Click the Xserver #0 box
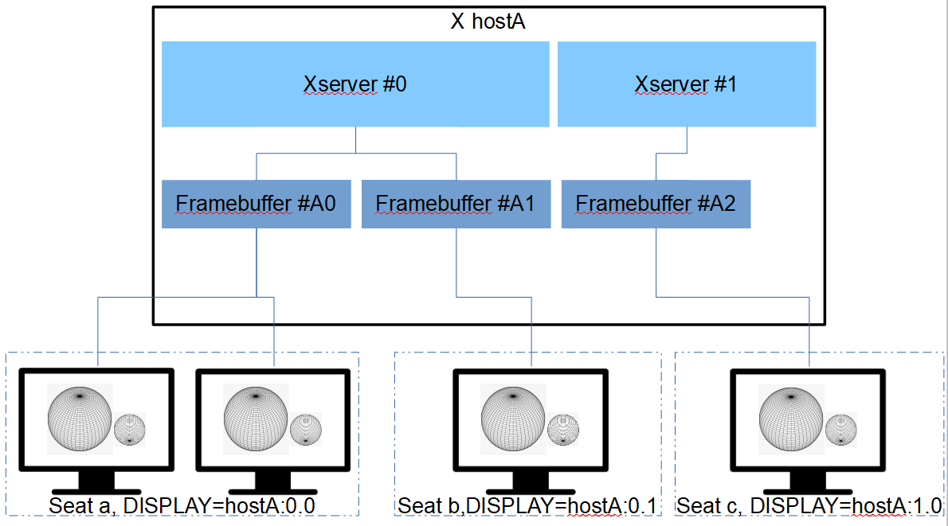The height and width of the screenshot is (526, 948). tap(355, 84)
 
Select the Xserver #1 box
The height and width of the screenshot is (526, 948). tap(687, 84)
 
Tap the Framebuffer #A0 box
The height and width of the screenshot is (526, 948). tap(256, 205)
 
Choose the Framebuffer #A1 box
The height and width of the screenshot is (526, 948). tap(456, 205)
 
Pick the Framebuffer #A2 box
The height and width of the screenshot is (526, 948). tap(656, 205)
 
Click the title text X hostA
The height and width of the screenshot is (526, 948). tap(488, 21)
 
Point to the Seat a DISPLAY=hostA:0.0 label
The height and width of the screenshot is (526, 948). tap(182, 505)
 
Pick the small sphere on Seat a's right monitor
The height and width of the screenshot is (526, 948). tap(306, 430)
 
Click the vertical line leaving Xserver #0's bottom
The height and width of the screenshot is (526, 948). tap(355, 140)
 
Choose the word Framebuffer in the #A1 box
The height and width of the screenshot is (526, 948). tap(421, 205)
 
